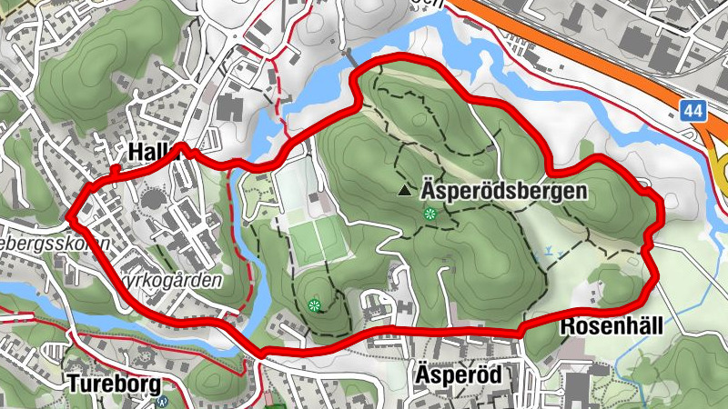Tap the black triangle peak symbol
coord(404,191)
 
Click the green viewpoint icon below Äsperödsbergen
coord(430,214)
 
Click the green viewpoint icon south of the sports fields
coord(315,305)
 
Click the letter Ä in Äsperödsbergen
coord(429,192)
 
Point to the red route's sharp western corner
coord(69,218)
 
